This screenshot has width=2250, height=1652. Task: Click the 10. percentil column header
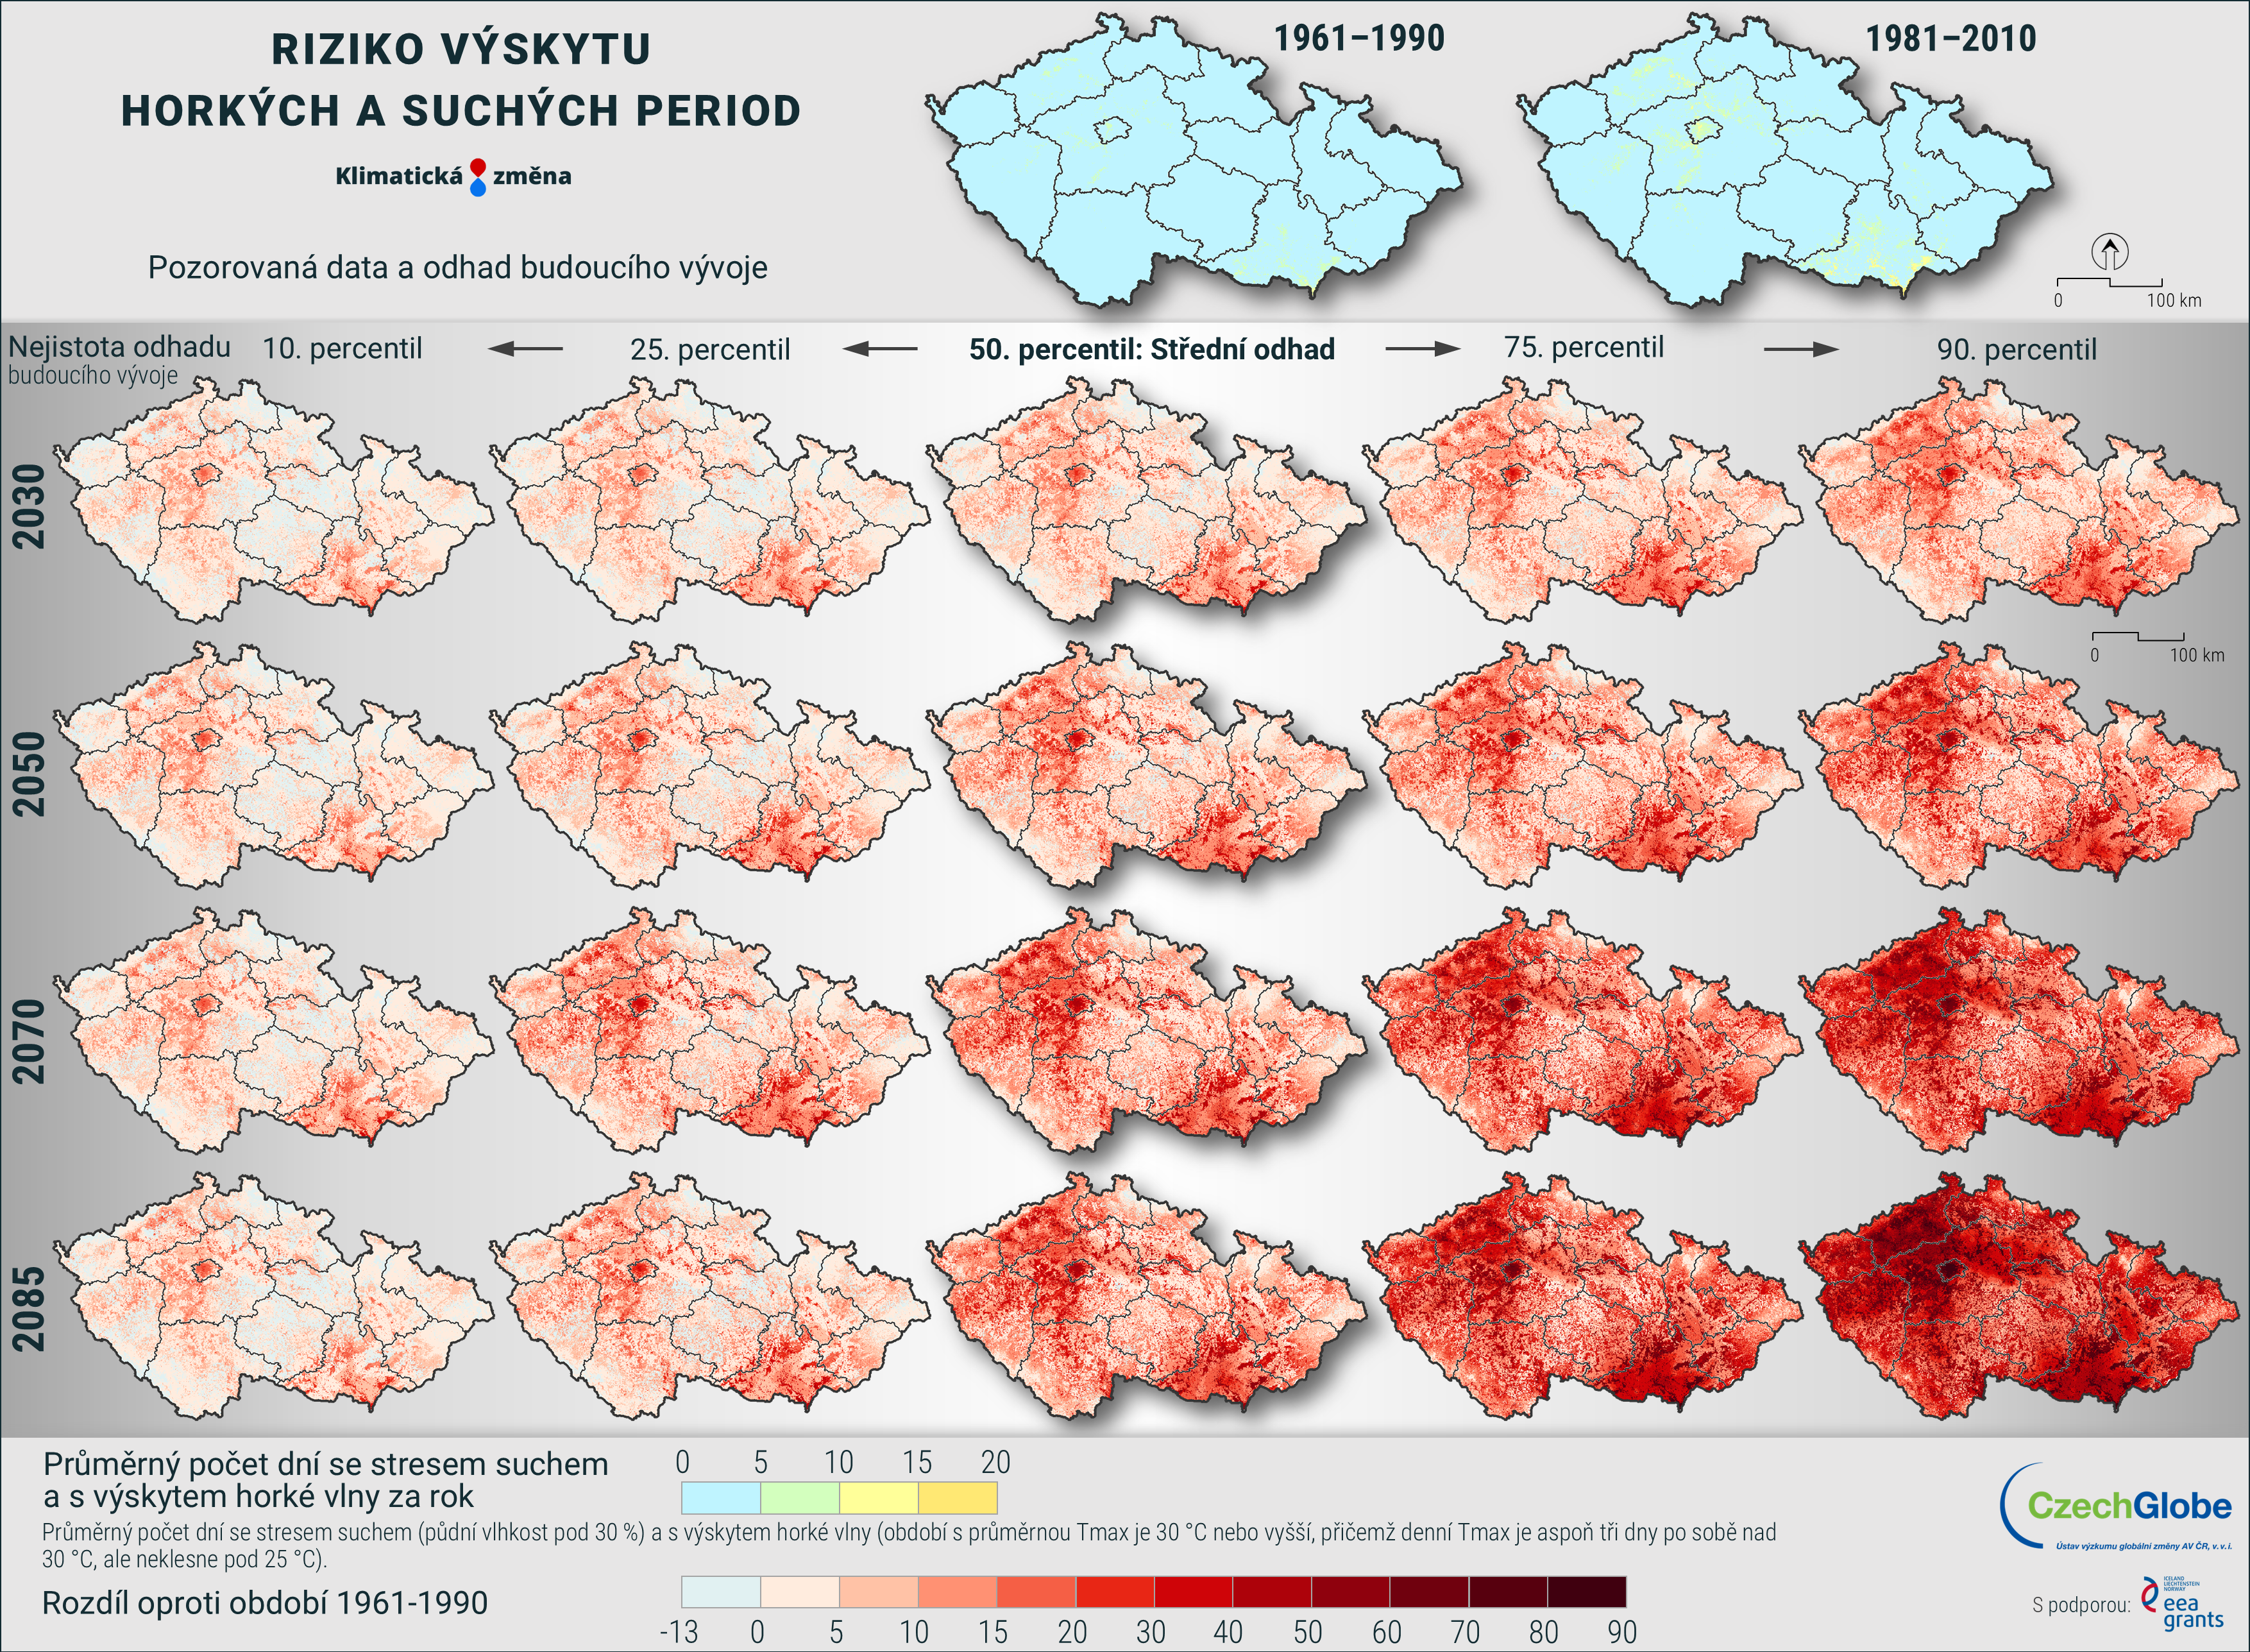[342, 349]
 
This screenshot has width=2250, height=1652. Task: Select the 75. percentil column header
[1584, 348]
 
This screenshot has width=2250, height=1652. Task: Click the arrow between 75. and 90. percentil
[1800, 349]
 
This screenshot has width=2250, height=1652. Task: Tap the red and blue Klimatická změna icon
[478, 177]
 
